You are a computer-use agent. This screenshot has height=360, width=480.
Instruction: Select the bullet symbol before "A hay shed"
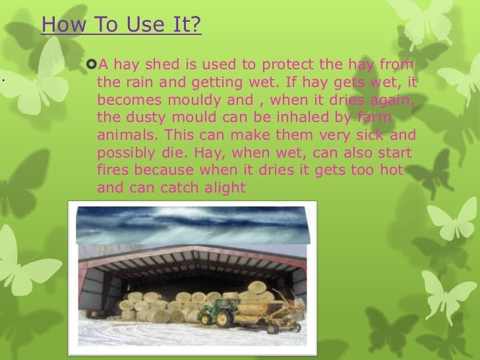click(92, 65)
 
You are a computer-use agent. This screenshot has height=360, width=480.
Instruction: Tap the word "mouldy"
click(193, 102)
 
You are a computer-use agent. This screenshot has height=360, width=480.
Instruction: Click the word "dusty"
click(140, 119)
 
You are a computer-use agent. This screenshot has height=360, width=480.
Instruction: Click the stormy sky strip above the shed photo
click(191, 224)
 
